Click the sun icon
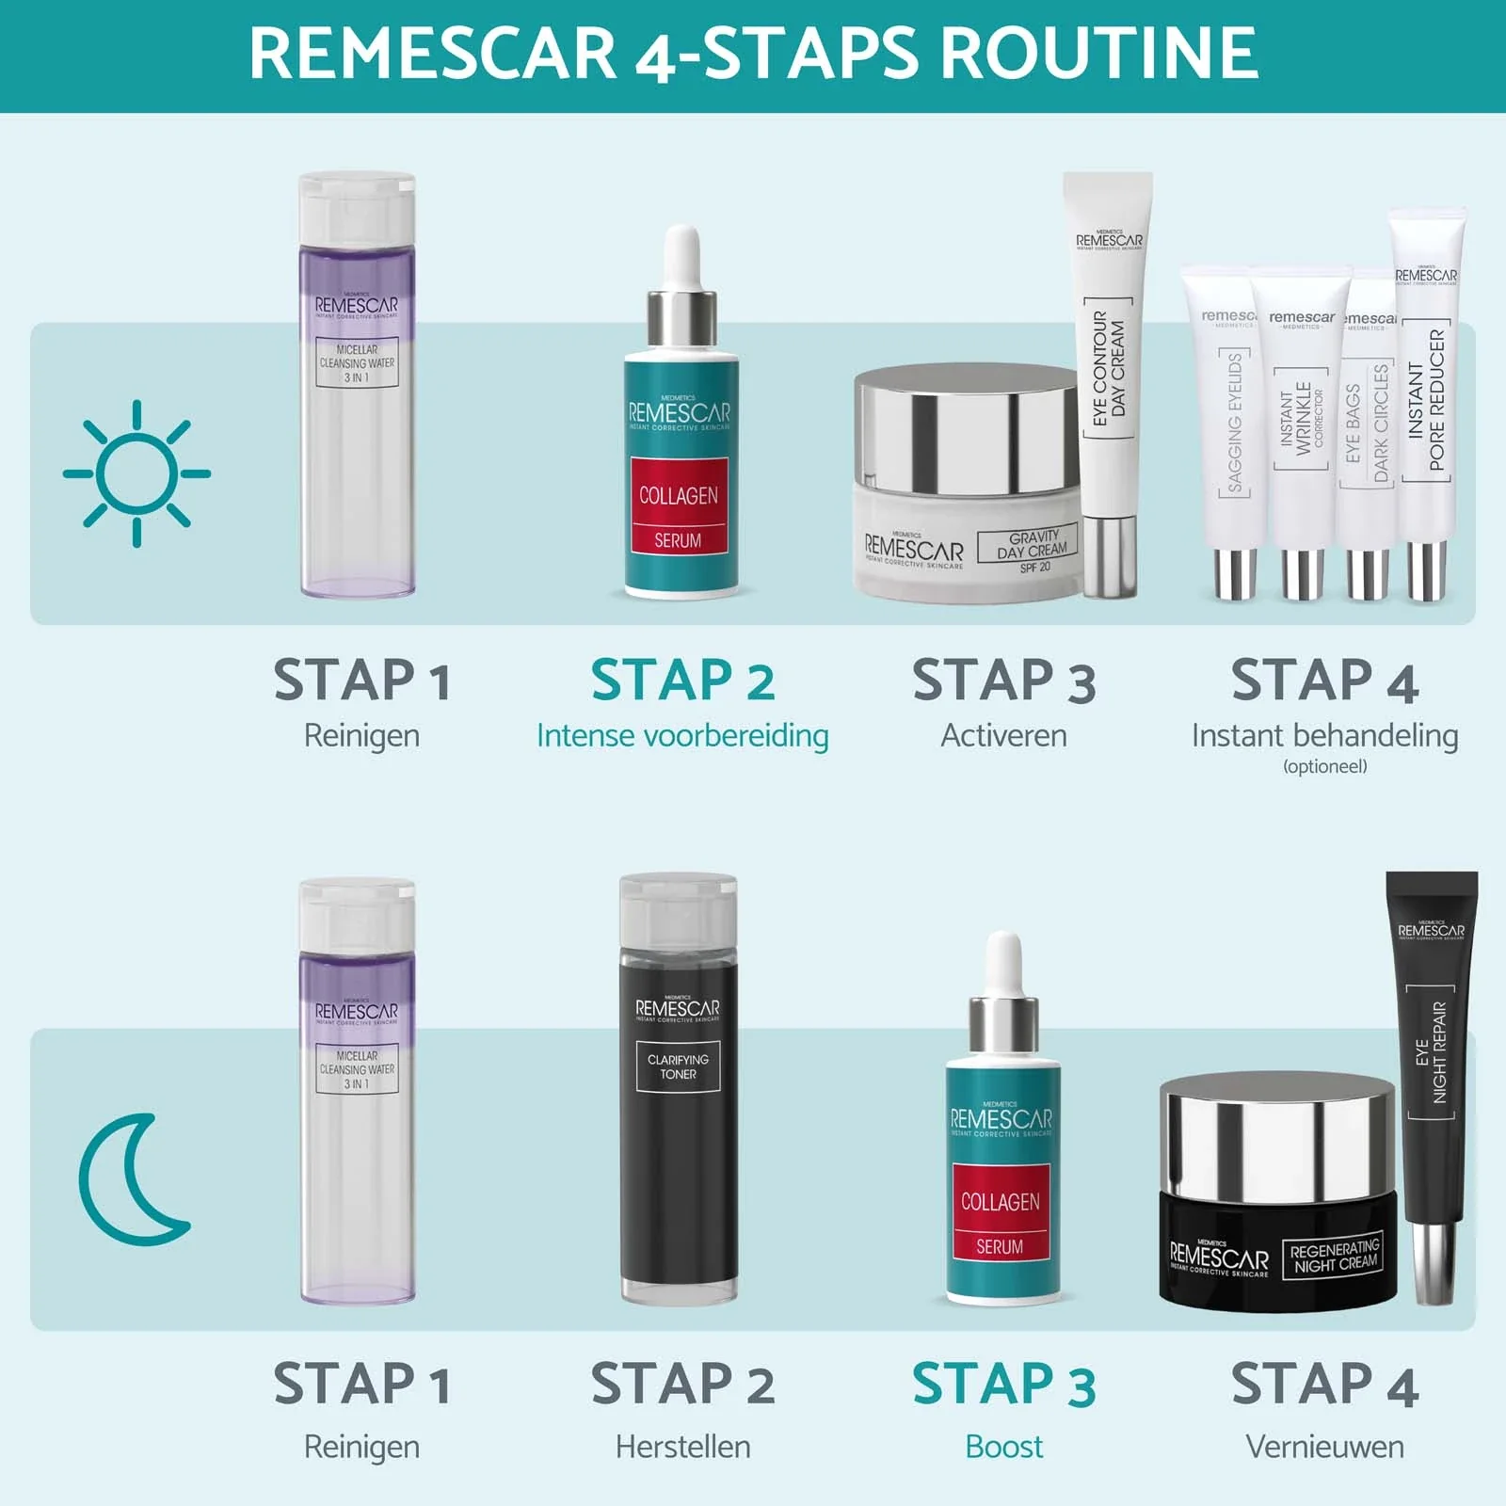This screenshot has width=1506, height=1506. point(136,473)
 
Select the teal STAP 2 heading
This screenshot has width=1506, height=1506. point(682,681)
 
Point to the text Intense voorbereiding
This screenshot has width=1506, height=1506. point(682,735)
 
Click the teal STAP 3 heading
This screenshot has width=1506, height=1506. point(1003,1384)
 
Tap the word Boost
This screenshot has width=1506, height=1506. point(1003,1447)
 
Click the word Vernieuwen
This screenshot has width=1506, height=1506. point(1324,1447)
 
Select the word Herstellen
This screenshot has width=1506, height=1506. point(682,1447)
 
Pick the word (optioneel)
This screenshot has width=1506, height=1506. point(1324,766)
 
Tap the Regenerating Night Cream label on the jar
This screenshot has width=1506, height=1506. point(1335,1258)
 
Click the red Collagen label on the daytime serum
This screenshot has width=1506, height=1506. point(678,494)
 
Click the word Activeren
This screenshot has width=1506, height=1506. point(1003,735)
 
